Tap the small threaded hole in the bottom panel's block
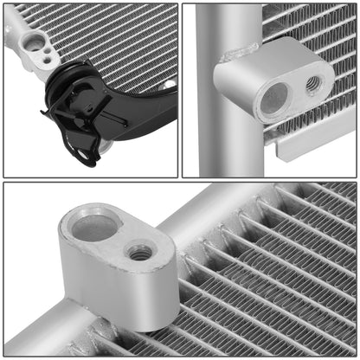(139, 253)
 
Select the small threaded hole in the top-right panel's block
(313, 84)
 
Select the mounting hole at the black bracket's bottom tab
(84, 157)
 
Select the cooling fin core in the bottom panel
(277, 277)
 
